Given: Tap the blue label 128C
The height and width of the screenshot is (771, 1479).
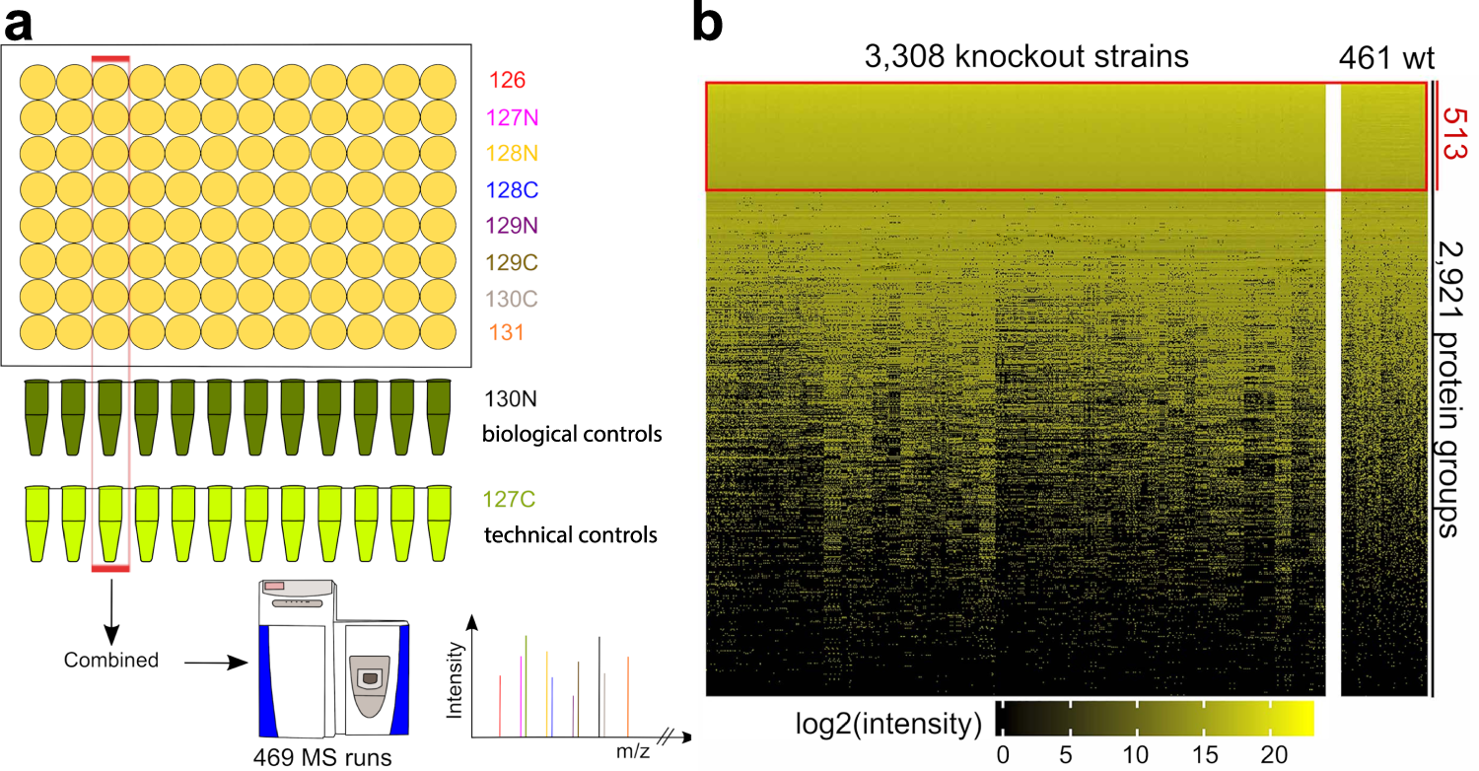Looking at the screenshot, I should pos(511,188).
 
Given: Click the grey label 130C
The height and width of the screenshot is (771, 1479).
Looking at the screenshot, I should pos(511,297).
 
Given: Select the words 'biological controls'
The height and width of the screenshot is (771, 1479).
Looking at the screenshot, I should pos(570,434).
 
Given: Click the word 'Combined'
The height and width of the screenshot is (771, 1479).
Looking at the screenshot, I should pos(111,659).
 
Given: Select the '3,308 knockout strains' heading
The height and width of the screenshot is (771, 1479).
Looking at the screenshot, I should pos(1025,57).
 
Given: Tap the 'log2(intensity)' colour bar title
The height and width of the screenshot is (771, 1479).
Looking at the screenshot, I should pos(887,725).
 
